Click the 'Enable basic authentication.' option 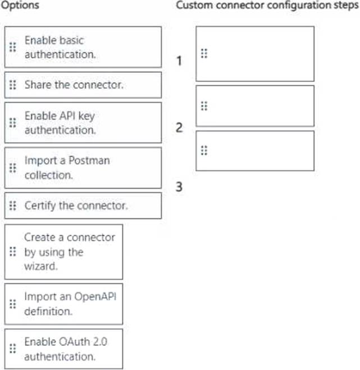pos(83,47)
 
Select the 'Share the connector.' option pos(83,85)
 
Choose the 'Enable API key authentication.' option pos(83,122)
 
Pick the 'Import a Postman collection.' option pos(83,167)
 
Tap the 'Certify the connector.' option pos(83,205)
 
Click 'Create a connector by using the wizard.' pos(63,252)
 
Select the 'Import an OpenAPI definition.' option pos(63,304)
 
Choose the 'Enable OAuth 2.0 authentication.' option pos(63,349)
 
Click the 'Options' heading pos(21,6)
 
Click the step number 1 pos(179,61)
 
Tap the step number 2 pos(179,128)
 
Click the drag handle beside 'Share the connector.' pos(12,85)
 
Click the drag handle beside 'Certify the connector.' pos(12,205)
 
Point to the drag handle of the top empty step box pos(204,53)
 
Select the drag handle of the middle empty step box pos(204,106)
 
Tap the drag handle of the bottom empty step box pos(204,150)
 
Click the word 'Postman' pos(92,161)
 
